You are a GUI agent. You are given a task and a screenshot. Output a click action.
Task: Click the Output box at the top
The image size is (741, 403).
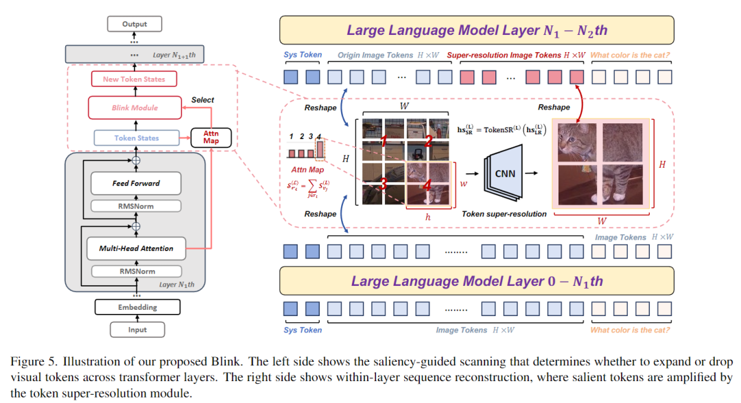[x=134, y=24]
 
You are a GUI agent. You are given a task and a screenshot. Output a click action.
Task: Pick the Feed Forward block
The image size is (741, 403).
[x=136, y=183]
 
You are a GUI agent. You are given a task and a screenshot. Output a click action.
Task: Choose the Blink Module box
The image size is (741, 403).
[x=134, y=108]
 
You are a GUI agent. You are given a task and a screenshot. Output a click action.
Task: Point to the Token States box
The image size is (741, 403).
[x=136, y=138]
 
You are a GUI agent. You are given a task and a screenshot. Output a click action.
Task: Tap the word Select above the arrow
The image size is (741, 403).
[x=202, y=100]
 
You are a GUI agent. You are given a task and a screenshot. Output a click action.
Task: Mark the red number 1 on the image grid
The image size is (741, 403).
[x=385, y=141]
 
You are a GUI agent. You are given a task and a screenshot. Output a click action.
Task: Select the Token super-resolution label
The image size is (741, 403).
[x=504, y=214]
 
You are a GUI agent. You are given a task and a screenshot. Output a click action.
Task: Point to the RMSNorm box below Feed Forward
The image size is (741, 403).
[x=136, y=206]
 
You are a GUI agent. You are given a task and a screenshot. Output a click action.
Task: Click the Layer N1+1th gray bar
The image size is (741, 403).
[x=134, y=54]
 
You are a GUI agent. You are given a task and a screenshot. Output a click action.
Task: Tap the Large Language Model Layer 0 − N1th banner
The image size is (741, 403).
[x=477, y=281]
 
